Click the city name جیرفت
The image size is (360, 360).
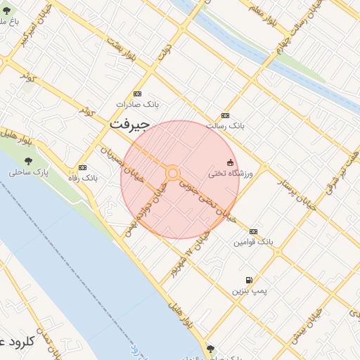(130, 124)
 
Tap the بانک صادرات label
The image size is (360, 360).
(138, 104)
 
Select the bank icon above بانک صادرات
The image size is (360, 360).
(137, 94)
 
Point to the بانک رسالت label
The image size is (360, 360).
(225, 125)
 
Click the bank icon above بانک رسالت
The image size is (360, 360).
(225, 115)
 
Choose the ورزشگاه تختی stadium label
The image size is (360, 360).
(230, 173)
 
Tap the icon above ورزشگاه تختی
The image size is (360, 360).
(230, 162)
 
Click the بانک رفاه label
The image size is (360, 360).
(83, 178)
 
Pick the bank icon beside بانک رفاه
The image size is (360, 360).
(83, 167)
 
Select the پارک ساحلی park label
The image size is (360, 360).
(29, 172)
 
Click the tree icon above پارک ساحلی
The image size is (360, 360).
(29, 161)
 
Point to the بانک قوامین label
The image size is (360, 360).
(253, 241)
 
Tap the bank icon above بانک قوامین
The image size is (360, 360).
(253, 231)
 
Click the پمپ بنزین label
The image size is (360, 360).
(249, 290)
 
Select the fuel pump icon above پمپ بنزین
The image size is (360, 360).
(249, 280)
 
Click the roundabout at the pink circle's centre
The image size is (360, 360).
(172, 173)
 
